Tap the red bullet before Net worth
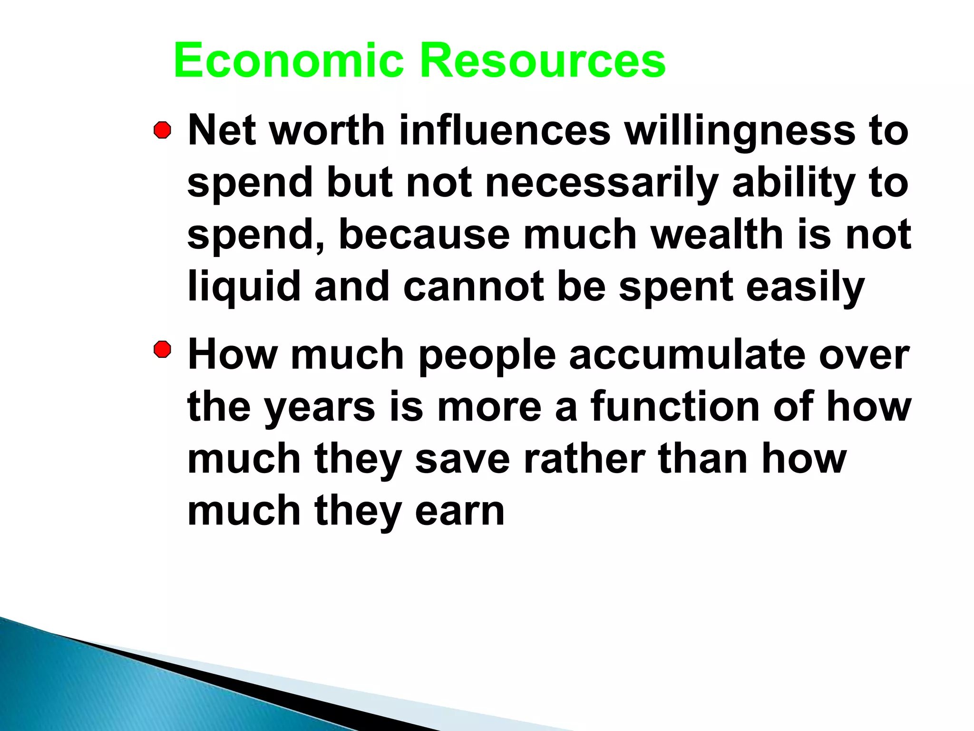point(162,130)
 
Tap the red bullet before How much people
point(162,350)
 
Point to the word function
point(675,407)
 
